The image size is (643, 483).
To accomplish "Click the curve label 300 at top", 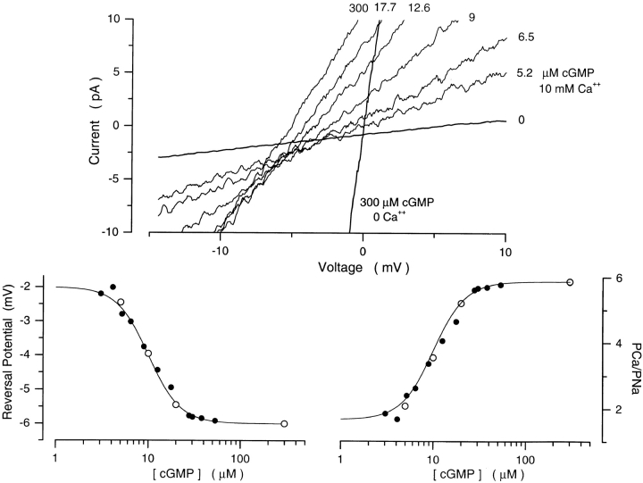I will (x=359, y=8).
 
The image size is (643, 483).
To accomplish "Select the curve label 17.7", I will (x=387, y=8).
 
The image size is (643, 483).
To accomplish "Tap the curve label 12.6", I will (x=419, y=8).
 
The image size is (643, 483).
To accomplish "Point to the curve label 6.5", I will (x=525, y=38).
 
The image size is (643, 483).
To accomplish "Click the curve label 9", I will (x=471, y=16).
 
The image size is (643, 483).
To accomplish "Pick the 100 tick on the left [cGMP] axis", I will (x=239, y=453).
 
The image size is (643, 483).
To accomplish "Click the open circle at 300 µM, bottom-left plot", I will (x=284, y=424).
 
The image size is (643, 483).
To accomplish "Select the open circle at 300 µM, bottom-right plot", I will (x=570, y=282).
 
